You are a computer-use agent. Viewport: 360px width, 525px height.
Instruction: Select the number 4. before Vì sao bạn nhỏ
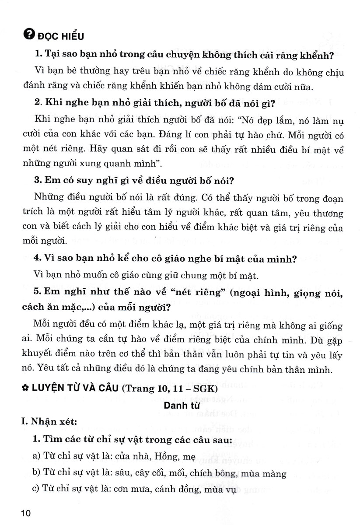(37, 259)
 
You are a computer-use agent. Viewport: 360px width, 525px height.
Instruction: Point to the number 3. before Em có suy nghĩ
(37, 179)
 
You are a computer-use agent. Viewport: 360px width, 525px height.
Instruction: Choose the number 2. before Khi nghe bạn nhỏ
(37, 104)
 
